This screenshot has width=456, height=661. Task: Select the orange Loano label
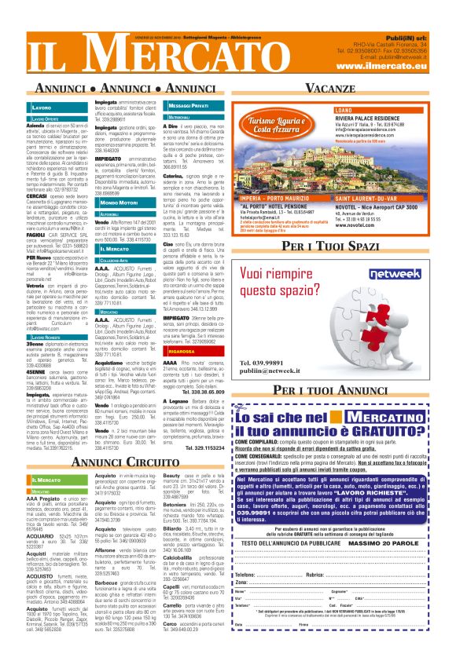pyautogui.click(x=322, y=111)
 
